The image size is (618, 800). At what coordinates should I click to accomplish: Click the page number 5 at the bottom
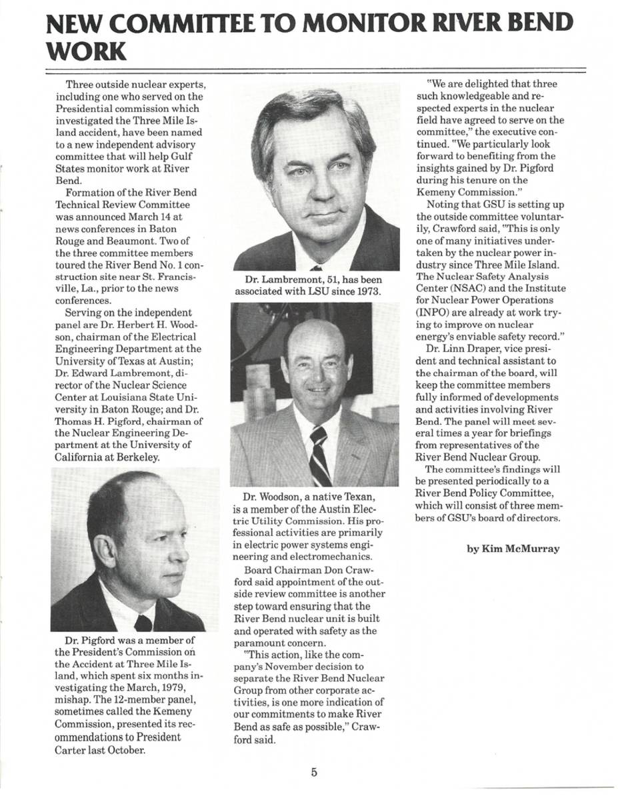313,773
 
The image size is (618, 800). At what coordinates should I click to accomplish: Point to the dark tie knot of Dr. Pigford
143,623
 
